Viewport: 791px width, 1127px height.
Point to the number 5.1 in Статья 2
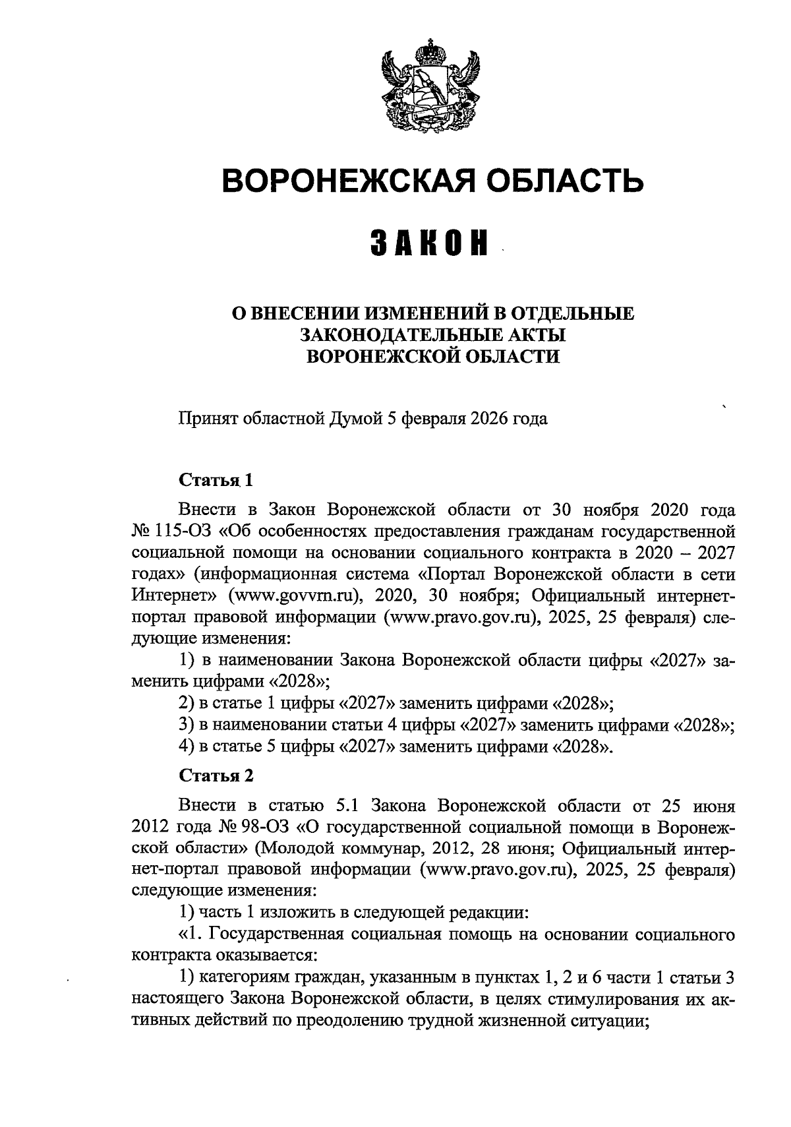(349, 805)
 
